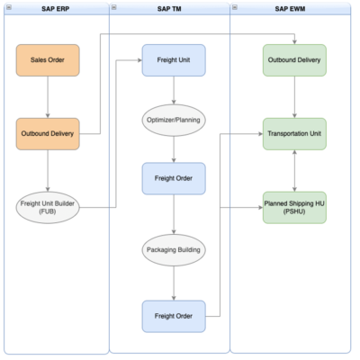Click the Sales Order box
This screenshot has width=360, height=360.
click(47, 60)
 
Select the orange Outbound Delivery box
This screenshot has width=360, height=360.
click(47, 134)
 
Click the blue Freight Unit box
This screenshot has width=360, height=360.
click(173, 60)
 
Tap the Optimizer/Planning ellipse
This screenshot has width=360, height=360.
click(173, 119)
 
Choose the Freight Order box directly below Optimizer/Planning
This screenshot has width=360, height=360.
click(173, 178)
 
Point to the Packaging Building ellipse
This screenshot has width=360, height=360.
click(173, 247)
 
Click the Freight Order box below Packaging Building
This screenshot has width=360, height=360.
click(173, 316)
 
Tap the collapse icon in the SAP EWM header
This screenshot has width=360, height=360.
click(236, 7)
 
